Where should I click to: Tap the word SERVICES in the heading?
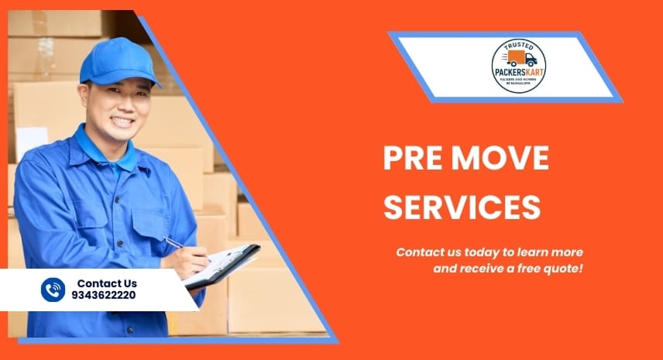[462, 207]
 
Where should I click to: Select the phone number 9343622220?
[105, 296]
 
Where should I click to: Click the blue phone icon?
[53, 290]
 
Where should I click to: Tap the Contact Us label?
[107, 283]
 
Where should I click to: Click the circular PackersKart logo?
[518, 66]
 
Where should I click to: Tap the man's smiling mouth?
[123, 121]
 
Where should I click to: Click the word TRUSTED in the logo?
[518, 46]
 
